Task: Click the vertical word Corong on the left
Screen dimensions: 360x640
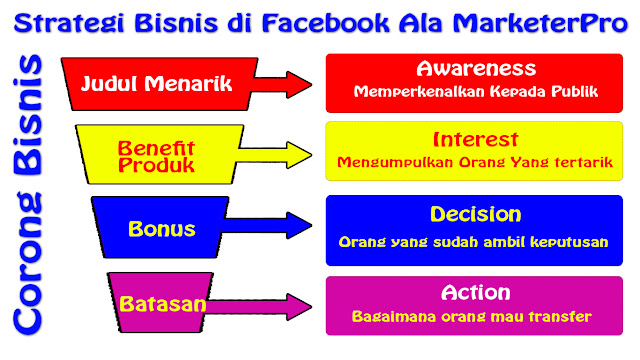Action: click(29, 270)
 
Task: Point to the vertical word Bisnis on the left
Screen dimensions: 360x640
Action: click(29, 121)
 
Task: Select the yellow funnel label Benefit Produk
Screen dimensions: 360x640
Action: click(156, 156)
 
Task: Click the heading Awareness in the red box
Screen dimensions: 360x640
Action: click(475, 68)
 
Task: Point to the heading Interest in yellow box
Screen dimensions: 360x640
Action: click(475, 139)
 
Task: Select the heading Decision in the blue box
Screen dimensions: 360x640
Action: click(475, 214)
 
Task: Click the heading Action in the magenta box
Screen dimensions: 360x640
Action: click(475, 292)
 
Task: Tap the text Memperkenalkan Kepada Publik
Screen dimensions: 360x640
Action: click(475, 91)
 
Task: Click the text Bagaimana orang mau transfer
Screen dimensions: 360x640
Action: click(475, 316)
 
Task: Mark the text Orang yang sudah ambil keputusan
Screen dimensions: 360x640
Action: click(475, 241)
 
